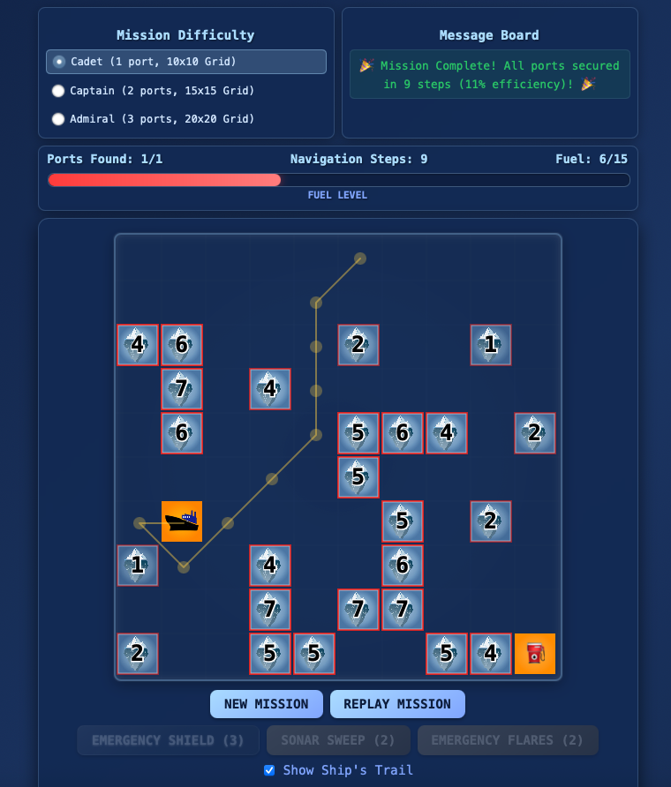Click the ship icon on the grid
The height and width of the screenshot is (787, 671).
pos(182,521)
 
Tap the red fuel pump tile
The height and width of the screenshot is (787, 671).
pos(535,654)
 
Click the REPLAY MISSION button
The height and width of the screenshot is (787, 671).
pos(397,704)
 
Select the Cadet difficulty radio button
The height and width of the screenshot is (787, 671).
pos(59,62)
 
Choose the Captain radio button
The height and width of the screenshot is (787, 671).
pos(58,91)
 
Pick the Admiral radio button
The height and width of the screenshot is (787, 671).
pos(58,119)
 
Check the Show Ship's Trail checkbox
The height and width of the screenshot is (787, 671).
pos(269,770)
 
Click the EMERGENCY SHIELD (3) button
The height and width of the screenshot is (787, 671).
pos(168,740)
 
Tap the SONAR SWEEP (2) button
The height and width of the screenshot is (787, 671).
pos(338,740)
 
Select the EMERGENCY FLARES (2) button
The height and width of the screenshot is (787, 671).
pos(508,740)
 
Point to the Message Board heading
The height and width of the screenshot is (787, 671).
pos(489,35)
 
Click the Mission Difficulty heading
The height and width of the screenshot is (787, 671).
pos(185,35)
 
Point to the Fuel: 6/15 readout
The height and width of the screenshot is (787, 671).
pos(592,159)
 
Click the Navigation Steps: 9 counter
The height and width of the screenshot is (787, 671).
pos(358,159)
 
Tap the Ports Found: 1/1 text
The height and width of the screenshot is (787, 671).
pos(104,159)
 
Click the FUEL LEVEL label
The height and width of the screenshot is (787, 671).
pos(337,195)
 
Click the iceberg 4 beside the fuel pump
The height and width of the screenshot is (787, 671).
pos(491,654)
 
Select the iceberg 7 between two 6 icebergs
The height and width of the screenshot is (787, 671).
pos(182,388)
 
